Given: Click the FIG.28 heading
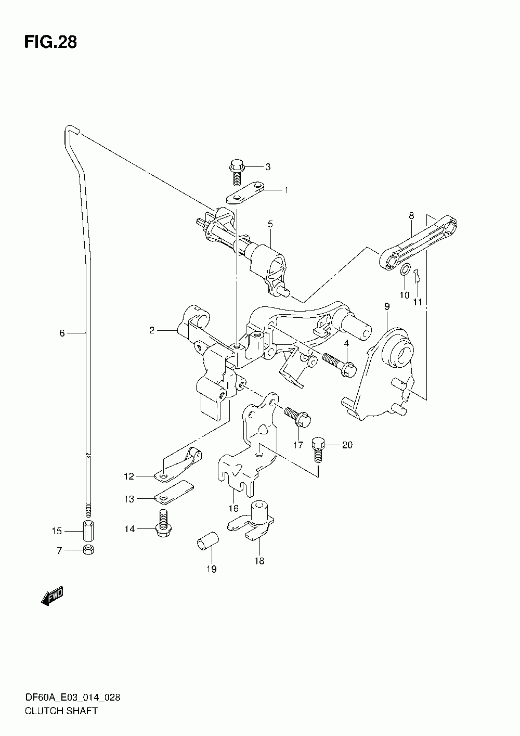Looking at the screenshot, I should [50, 43].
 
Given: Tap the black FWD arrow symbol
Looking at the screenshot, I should [52, 597].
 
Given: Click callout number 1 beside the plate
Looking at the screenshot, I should [285, 190].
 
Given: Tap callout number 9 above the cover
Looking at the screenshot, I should [387, 307].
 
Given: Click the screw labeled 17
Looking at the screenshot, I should [297, 416].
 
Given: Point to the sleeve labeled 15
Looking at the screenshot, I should [87, 531].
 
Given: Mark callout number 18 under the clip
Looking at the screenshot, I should [259, 561].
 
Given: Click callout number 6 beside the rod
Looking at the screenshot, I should [62, 333].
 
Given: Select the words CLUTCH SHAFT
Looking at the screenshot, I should [60, 711].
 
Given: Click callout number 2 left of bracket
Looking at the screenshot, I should [152, 330].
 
